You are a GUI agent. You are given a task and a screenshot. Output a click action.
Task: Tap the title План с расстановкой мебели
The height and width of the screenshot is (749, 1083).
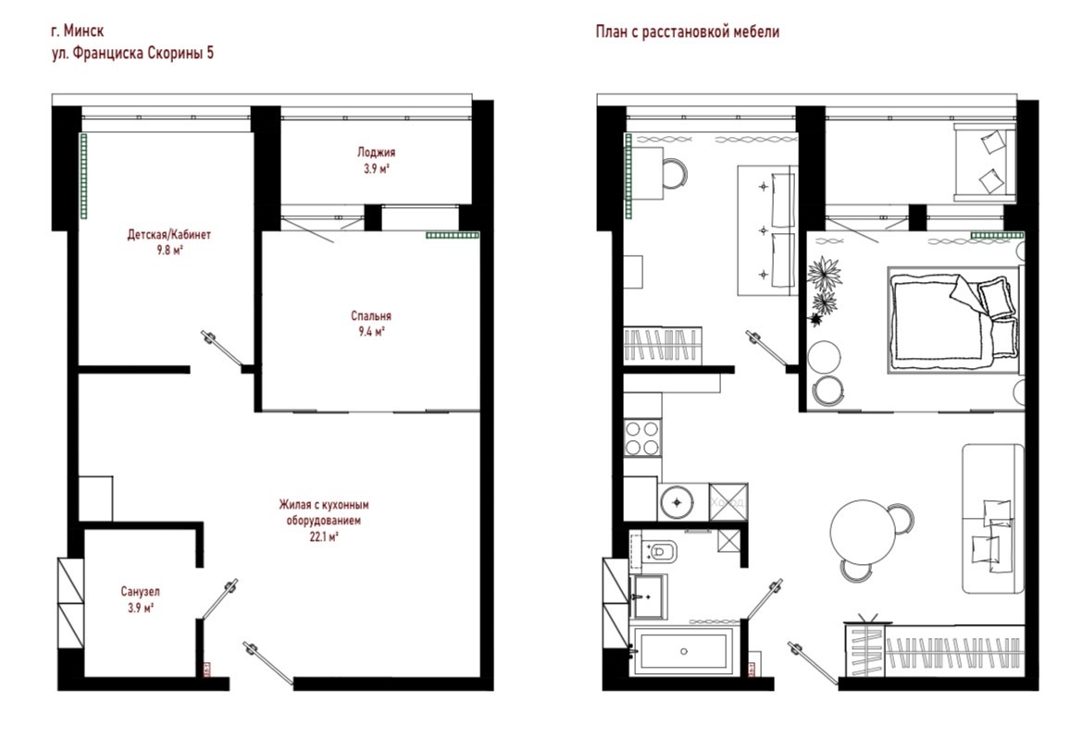pos(687,31)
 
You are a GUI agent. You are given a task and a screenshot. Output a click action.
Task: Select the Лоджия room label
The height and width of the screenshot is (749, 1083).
pos(377,153)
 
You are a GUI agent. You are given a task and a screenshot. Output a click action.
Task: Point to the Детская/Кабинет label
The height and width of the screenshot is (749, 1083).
pos(169,235)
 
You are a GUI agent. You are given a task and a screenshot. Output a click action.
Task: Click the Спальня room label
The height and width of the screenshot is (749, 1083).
pos(371,316)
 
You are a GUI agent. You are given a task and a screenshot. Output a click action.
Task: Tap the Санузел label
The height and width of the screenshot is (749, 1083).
pos(140,592)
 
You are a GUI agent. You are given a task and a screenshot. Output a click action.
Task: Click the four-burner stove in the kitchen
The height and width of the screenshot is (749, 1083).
pos(641,438)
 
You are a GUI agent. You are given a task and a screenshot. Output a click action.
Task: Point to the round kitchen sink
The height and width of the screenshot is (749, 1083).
pos(677,501)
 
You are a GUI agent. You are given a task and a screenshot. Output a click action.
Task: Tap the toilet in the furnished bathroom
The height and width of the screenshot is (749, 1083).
pos(658,552)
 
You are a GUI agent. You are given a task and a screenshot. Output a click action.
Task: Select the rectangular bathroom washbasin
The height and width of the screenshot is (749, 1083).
pos(649,596)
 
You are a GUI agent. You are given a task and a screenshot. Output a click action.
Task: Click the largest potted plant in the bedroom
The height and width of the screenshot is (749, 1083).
pos(824,274)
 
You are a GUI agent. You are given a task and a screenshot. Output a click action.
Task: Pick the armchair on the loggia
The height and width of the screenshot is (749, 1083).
pos(984,162)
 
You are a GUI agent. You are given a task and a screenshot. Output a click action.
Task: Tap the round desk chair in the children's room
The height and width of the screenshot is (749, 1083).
pos(675,173)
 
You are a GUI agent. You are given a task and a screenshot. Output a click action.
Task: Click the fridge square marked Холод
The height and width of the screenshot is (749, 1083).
pos(728,501)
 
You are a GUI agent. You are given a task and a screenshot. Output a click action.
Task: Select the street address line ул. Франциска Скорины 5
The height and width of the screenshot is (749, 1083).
pos(132,53)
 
